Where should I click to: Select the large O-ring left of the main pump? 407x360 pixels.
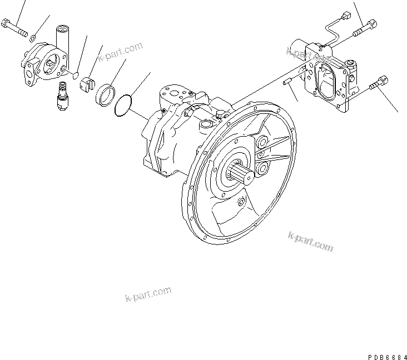point(124,106)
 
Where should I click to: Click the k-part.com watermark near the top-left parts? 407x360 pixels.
point(120,53)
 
